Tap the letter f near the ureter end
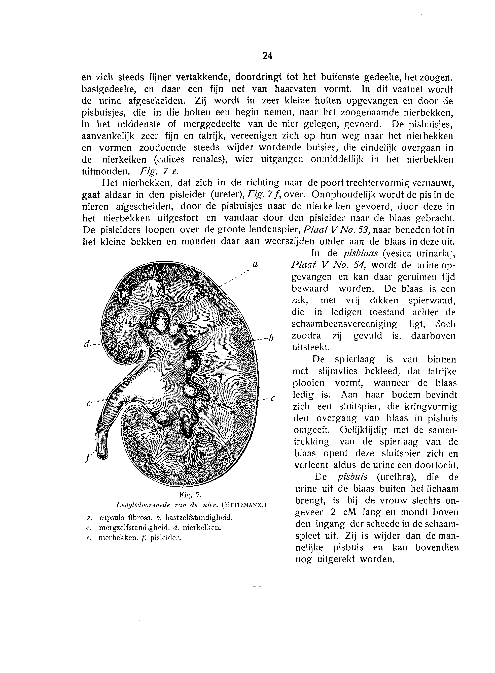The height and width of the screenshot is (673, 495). [87, 458]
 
